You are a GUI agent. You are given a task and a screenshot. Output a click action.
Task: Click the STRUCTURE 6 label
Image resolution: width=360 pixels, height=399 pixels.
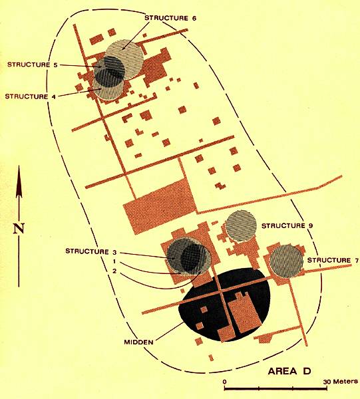click(170, 18)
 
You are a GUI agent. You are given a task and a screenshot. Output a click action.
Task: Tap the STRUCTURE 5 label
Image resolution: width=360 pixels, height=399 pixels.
click(33, 65)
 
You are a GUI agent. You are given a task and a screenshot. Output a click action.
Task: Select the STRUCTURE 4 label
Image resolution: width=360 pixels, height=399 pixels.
click(31, 96)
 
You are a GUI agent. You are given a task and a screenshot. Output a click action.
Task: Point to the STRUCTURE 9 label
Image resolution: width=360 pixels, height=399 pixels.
click(287, 225)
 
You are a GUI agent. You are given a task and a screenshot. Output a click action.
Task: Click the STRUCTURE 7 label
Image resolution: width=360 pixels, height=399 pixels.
click(333, 260)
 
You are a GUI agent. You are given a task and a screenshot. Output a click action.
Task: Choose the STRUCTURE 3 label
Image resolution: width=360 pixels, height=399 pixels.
click(91, 251)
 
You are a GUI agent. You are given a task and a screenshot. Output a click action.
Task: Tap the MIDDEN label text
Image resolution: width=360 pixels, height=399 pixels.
click(139, 342)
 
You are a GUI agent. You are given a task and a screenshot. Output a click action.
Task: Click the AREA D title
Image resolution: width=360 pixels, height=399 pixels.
click(289, 371)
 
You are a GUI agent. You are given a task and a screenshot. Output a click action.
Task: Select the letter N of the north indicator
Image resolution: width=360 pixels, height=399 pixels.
click(19, 228)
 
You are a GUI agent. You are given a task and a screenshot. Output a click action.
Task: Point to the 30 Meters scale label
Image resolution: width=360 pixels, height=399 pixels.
click(341, 382)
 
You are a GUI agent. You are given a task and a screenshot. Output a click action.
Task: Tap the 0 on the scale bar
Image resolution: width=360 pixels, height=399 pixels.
click(224, 382)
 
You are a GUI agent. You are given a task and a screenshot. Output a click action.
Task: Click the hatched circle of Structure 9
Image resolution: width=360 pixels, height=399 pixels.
click(241, 225)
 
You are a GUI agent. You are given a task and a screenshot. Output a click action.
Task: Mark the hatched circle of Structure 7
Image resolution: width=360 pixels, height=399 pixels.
click(286, 261)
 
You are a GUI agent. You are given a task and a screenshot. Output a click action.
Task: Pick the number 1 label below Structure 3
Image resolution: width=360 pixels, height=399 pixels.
click(114, 261)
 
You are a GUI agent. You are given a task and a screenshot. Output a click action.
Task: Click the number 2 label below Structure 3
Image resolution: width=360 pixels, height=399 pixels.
click(114, 271)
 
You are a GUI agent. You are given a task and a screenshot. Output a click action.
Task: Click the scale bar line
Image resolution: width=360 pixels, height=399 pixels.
click(275, 388)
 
